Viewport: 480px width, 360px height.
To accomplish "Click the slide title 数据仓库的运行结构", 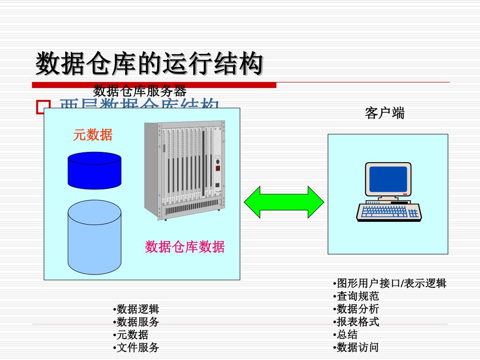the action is (149, 64).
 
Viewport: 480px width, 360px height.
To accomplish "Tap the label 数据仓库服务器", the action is (140, 90).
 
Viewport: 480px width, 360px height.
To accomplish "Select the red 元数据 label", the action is (93, 135).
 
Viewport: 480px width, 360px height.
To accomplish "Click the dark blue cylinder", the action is (94, 171).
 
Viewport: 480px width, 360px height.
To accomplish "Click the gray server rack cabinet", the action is (184, 169).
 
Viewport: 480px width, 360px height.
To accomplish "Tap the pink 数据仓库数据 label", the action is (185, 247).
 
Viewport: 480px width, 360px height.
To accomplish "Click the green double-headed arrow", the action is (284, 202).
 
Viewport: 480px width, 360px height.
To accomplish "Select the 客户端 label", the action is (384, 113).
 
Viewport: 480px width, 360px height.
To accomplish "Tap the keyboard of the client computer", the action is (389, 212).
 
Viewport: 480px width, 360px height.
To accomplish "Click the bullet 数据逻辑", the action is (137, 309).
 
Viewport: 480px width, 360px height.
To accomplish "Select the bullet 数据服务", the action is (137, 322).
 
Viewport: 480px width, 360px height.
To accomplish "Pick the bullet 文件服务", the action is (137, 347).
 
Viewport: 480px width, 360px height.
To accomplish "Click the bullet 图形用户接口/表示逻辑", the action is (391, 283).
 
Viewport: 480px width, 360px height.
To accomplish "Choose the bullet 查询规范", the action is (357, 296).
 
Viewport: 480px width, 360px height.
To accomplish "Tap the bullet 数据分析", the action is (357, 309).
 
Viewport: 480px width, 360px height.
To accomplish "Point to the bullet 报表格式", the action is (357, 322).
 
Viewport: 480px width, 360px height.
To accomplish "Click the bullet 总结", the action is (347, 335).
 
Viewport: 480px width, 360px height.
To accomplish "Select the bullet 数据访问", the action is (357, 347).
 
